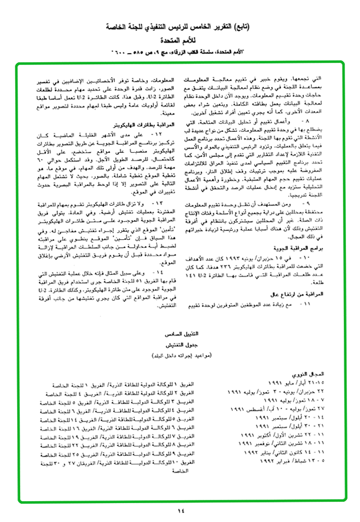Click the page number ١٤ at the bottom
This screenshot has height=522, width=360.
point(180,510)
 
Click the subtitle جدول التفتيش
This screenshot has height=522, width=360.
point(179,345)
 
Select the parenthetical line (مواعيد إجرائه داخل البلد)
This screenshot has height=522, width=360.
point(180,356)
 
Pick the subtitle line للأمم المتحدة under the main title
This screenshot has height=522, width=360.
point(180,39)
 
